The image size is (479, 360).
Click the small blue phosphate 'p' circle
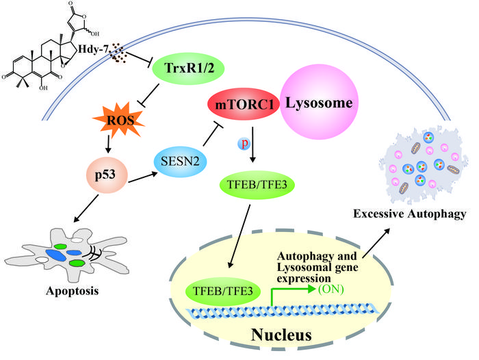(x=241, y=144)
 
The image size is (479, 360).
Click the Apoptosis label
(x=68, y=290)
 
